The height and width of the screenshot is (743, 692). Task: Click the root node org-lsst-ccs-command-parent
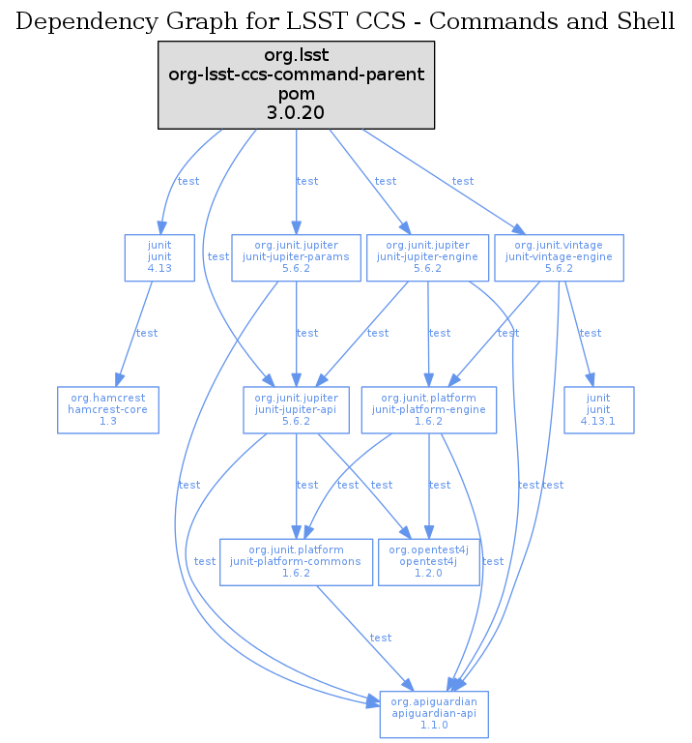296,84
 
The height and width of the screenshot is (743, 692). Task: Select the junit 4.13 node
159,257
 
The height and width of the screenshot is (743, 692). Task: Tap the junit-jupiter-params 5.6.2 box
296,257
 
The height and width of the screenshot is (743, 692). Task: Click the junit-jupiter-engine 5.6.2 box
427,257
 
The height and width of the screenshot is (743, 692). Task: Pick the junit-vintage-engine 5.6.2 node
559,257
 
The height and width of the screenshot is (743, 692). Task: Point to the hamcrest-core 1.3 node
108,410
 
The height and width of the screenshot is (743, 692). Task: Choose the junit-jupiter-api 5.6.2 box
296,410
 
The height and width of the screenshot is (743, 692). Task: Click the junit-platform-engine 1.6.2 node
428,410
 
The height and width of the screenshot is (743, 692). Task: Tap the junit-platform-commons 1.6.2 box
296,562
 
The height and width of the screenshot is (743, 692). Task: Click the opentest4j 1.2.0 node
428,562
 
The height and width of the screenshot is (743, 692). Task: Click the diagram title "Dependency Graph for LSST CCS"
346,21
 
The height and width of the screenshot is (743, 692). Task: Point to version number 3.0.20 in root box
296,112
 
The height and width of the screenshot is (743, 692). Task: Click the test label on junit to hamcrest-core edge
147,333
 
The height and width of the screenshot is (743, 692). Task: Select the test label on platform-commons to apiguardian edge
381,638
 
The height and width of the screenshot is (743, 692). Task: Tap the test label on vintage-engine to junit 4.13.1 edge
590,333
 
